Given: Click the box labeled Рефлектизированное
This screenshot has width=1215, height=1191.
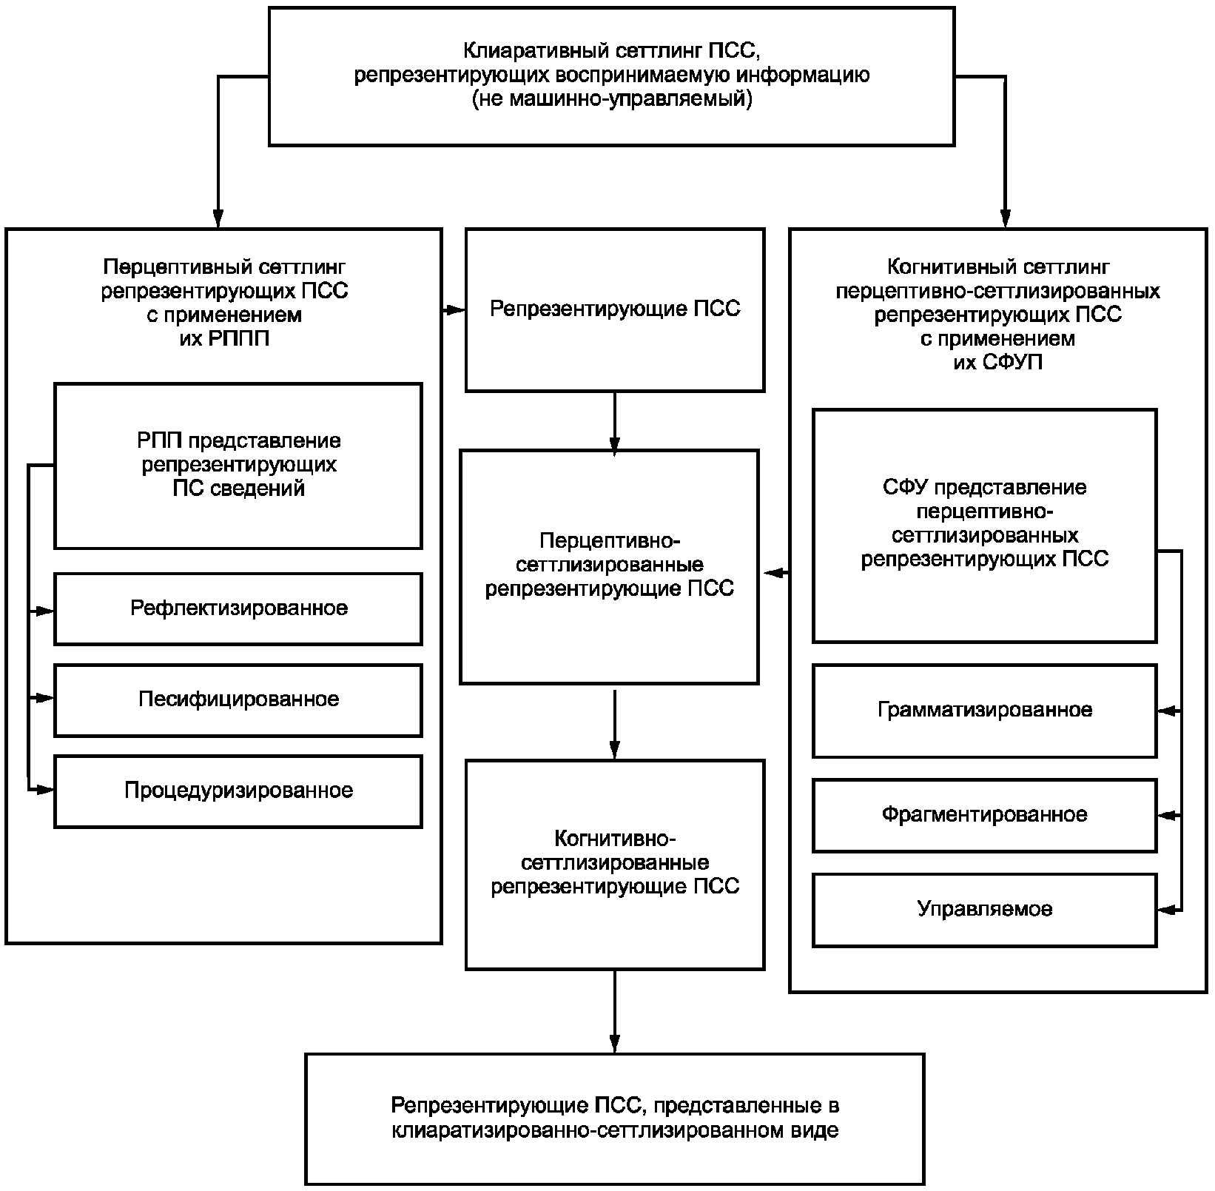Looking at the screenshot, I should tap(238, 608).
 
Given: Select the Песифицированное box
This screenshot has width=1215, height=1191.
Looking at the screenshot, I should tap(238, 699).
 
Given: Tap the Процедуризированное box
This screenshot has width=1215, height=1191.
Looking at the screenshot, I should tap(238, 791).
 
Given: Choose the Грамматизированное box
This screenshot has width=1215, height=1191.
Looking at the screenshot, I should tap(984, 711).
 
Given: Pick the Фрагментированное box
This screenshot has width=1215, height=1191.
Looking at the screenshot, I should tap(984, 815).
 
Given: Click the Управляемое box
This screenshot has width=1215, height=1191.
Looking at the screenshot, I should tap(984, 909).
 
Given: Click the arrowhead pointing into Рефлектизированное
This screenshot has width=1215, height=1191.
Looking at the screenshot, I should tap(46, 611).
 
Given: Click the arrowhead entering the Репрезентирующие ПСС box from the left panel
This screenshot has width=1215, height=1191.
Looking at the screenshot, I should tap(457, 310).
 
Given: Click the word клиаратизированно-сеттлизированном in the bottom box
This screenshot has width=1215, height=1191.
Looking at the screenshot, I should tap(585, 1131).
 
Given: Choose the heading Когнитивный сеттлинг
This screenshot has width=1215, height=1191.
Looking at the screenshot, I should tap(997, 266).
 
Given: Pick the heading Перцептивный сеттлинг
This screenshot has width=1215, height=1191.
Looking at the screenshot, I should tap(224, 266).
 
